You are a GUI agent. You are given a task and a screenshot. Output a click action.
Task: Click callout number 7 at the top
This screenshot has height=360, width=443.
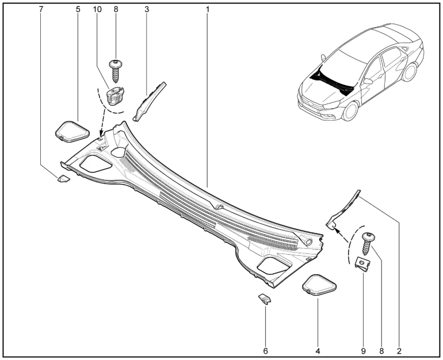[x=41, y=9]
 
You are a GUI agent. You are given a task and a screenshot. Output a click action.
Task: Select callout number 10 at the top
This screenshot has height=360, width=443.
[x=97, y=9]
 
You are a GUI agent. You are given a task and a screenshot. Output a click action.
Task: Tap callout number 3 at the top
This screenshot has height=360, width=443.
[x=147, y=9]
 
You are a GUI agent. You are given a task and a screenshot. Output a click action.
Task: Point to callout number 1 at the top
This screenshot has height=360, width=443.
[x=208, y=9]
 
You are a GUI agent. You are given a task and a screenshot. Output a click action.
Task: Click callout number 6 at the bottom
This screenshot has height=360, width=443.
[x=265, y=351]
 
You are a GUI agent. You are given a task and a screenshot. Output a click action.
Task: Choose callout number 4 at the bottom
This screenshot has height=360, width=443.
[x=318, y=351]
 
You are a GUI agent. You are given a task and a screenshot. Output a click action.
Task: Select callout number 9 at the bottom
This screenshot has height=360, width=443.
[x=364, y=351]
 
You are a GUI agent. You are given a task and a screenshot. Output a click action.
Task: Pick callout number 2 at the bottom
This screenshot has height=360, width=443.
[x=399, y=351]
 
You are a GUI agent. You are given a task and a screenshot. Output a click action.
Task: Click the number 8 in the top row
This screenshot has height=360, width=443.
[x=116, y=9]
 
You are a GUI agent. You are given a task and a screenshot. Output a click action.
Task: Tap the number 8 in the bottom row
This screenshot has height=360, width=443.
[x=381, y=351]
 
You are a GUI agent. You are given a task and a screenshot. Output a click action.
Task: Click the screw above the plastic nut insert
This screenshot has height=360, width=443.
[x=115, y=71]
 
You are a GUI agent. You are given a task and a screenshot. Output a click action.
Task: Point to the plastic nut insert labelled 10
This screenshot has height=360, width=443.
[x=115, y=96]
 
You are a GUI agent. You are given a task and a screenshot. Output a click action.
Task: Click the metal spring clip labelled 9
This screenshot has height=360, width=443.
[x=362, y=265]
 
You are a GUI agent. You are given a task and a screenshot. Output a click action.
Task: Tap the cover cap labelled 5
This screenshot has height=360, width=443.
[x=72, y=132]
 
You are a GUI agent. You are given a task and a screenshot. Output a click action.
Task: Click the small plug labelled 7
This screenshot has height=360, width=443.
[x=63, y=179]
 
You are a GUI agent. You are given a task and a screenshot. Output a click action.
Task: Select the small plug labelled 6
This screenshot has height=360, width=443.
[x=265, y=298]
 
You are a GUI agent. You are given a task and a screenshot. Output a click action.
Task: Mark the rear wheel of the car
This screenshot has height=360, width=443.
[x=410, y=72]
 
